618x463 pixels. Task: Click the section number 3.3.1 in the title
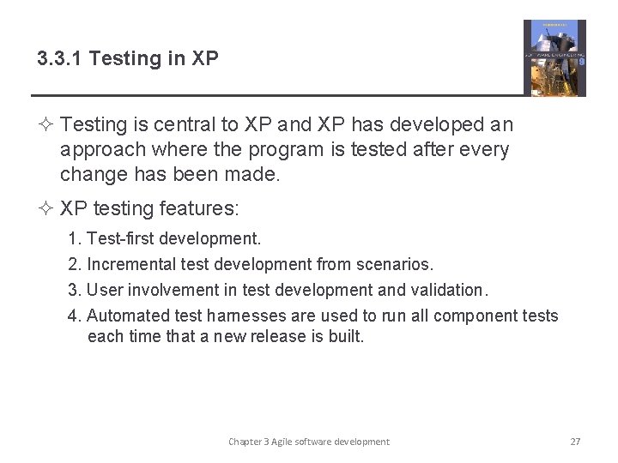coord(60,59)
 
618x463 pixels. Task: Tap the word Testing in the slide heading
coord(120,59)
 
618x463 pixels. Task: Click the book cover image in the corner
coord(554,57)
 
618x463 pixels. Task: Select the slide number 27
coord(575,442)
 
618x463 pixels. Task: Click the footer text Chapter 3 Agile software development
coord(308,442)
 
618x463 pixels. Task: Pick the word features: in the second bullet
coord(203,209)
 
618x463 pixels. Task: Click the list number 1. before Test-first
coord(75,238)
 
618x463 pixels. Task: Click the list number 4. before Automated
coord(75,316)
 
